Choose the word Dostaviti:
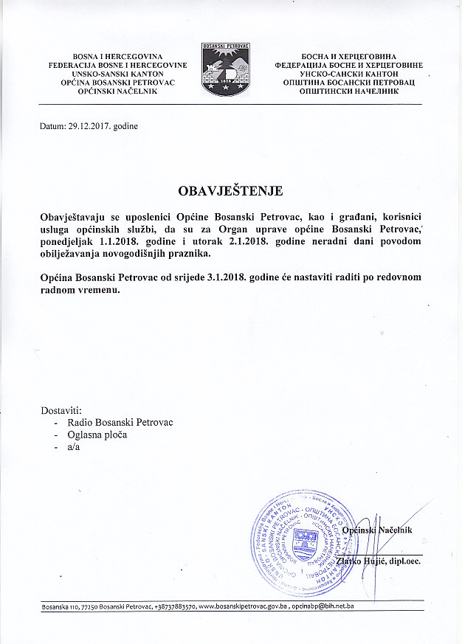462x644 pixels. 61,409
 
